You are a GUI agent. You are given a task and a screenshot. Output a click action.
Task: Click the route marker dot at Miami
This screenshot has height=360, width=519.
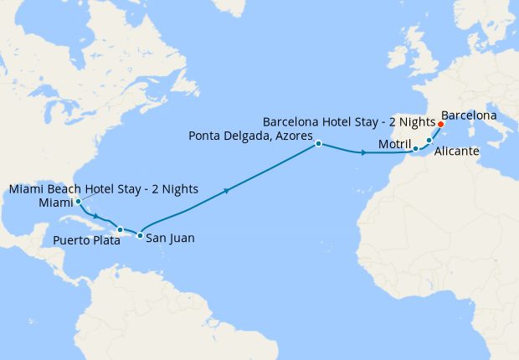pos(78,202)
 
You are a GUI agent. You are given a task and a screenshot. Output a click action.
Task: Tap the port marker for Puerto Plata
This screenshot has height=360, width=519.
pos(121,229)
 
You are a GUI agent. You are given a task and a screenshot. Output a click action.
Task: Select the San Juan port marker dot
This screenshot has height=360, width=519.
pos(140,235)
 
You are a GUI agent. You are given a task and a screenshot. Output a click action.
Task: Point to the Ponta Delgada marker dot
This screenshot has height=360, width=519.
pos(319,144)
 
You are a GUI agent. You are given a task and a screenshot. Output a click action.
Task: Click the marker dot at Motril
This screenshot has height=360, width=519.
pos(415,149)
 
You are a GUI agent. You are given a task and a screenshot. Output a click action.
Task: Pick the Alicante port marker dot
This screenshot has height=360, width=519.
pos(429,141)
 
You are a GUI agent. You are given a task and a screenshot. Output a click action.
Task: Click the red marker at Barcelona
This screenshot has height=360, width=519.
pos(440,124)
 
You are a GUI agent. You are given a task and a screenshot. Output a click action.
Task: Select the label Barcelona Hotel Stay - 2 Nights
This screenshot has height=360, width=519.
pos(349,121)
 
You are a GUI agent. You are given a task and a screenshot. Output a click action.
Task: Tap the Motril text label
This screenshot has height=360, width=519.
pos(394,145)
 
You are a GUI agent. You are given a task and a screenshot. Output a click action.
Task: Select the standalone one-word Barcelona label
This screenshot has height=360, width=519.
pos(469,115)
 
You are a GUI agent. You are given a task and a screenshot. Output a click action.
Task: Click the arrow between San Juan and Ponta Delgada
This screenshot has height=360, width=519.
pos(226,192)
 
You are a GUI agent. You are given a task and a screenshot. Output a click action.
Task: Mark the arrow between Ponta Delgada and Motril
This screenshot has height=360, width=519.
pos(362,153)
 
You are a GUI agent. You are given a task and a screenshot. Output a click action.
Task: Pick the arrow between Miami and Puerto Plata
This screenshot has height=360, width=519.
pos(96,215)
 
